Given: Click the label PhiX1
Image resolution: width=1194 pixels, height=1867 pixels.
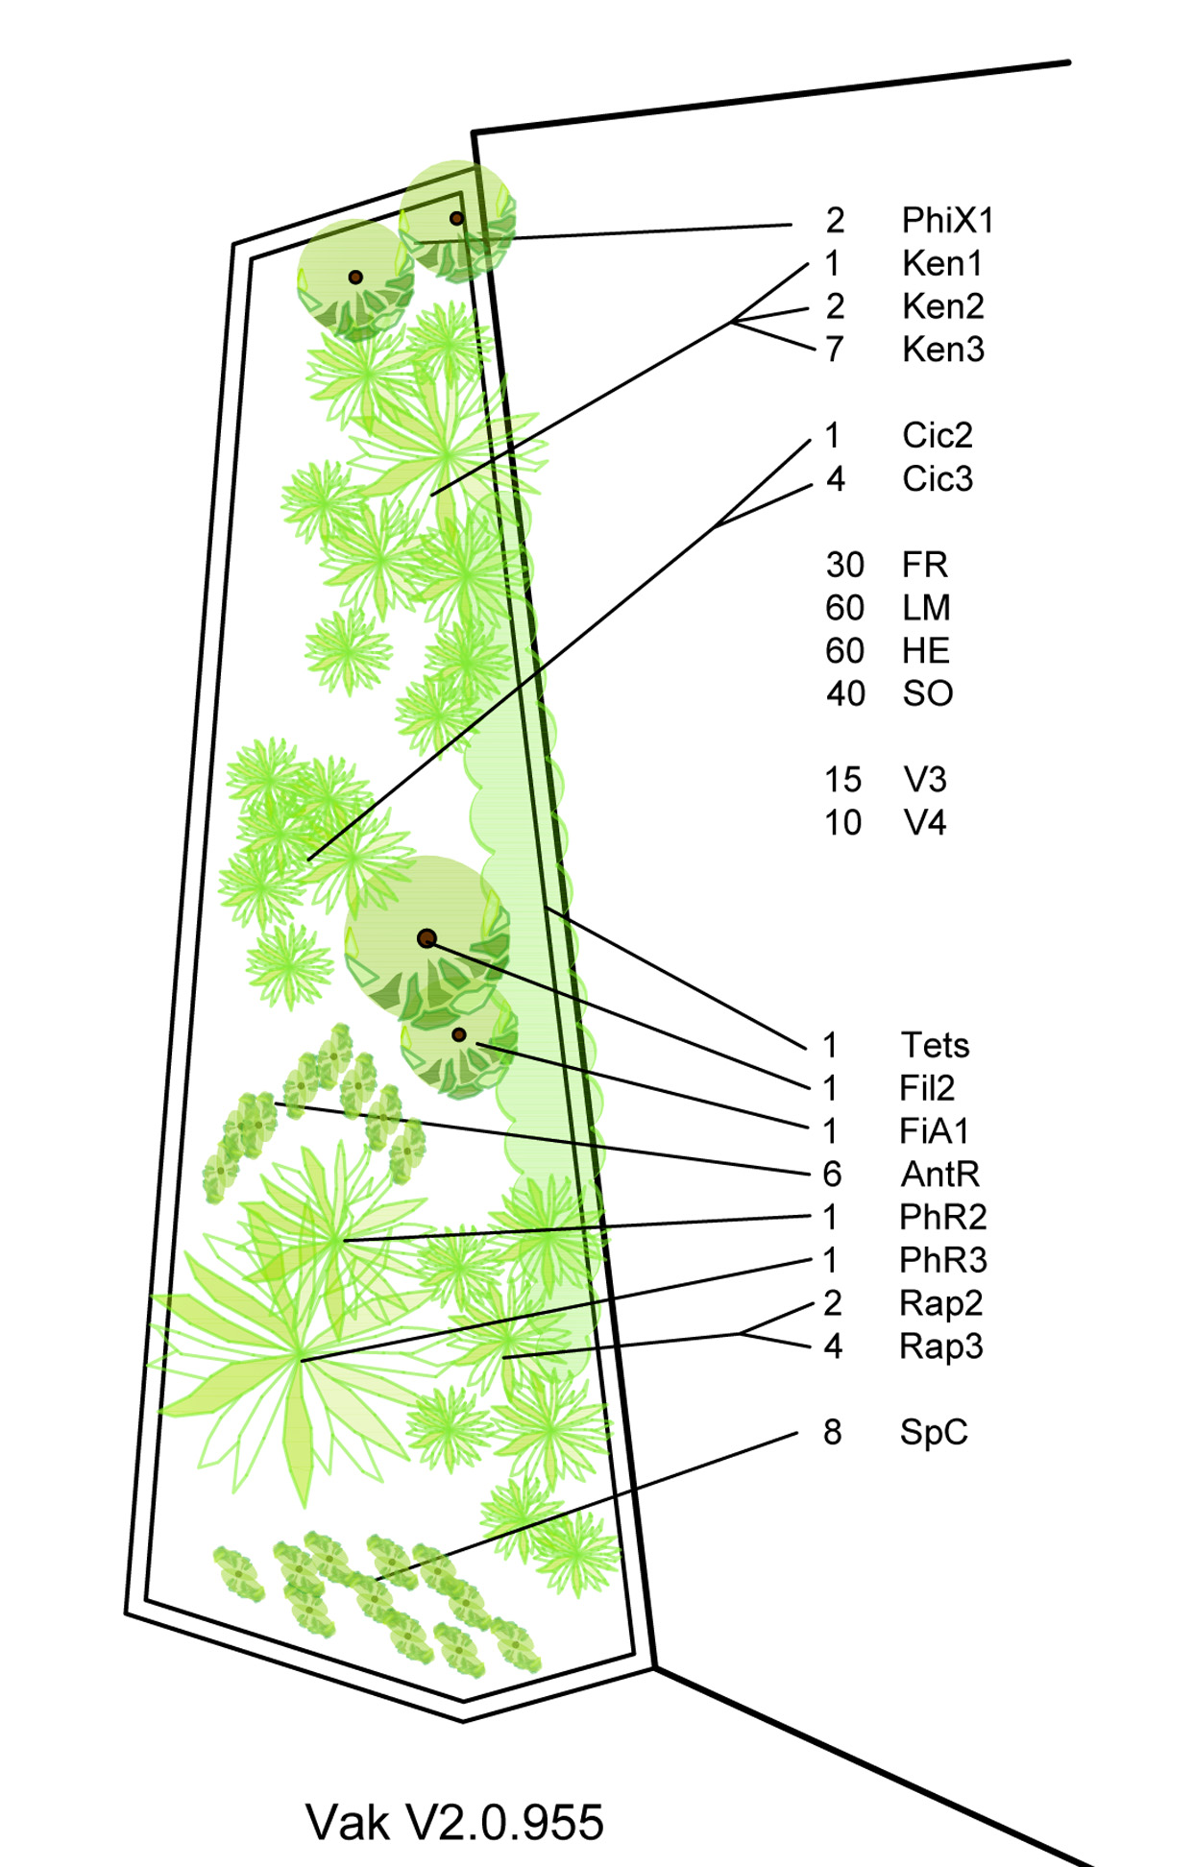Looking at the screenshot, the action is click(947, 221).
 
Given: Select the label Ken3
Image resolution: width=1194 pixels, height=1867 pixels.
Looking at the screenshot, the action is click(943, 350).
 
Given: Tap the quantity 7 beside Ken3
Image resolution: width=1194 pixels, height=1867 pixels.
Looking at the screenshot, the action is click(835, 350).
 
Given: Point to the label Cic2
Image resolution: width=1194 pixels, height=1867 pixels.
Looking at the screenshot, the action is click(938, 436).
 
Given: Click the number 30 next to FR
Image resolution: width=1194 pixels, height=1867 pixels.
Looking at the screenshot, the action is click(845, 565).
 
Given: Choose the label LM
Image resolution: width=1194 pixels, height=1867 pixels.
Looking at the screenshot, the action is click(926, 608).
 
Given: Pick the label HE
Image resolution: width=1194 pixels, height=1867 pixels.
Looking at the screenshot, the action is click(926, 651).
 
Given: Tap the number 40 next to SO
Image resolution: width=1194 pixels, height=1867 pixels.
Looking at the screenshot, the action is click(845, 693).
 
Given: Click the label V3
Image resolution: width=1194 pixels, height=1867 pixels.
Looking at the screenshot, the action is click(925, 780).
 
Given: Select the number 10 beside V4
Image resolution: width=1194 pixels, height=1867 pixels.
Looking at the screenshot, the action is click(843, 823).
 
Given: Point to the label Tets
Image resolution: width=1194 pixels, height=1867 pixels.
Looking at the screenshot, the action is click(935, 1045).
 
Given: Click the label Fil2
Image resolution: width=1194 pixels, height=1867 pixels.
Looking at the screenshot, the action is click(927, 1088).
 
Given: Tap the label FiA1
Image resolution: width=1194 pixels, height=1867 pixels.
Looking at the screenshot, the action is click(934, 1131).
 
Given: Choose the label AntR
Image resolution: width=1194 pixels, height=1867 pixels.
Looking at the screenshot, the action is click(939, 1174).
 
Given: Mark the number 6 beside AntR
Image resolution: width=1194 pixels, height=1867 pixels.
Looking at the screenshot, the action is click(832, 1174).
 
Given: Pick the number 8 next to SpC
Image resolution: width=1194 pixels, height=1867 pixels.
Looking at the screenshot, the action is click(832, 1432).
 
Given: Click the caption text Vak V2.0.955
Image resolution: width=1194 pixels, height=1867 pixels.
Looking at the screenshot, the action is click(454, 1822).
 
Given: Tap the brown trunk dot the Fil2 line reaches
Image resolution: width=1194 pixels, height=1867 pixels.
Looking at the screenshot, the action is click(427, 938).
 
